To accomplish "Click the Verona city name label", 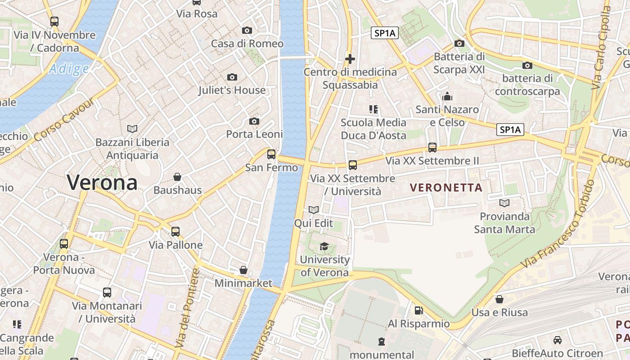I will click(x=102, y=183).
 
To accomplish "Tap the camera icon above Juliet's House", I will click(x=232, y=77).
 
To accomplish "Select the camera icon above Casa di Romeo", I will click(x=247, y=31).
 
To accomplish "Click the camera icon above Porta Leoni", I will click(x=254, y=121).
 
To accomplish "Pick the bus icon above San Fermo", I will click(x=271, y=154).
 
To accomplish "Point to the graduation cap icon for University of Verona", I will click(x=324, y=246).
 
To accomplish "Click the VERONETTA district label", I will click(x=446, y=188).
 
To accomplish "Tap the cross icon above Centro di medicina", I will click(x=350, y=59).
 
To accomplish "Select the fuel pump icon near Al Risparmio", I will click(x=418, y=310).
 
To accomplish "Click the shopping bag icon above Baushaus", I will click(x=177, y=177).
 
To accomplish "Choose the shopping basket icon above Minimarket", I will click(x=243, y=270).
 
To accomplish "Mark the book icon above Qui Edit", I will click(x=314, y=210).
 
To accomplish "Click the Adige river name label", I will click(x=69, y=69).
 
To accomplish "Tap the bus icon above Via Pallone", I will click(x=175, y=232).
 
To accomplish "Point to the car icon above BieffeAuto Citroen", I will click(x=558, y=340).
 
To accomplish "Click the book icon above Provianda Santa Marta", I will click(x=504, y=203).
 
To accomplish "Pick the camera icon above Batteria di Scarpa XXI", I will click(x=459, y=43).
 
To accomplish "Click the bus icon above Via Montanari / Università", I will click(x=107, y=292).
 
